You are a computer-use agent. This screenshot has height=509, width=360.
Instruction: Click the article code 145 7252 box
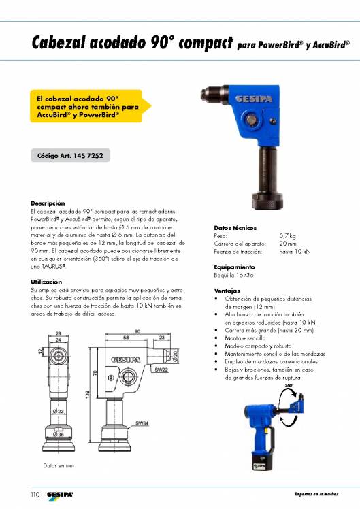coord(71,156)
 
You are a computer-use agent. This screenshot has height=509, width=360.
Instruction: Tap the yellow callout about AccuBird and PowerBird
coord(91,106)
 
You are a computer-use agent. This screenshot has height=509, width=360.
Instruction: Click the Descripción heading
coord(48,203)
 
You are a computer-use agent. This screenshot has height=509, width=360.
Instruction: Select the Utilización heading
coord(46,282)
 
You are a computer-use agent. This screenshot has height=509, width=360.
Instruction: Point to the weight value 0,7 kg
coord(287,236)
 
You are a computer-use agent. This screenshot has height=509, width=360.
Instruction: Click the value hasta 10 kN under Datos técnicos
coord(295,252)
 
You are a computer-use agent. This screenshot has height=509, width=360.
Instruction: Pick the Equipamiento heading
coord(234,267)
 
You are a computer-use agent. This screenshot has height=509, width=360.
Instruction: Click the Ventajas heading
coord(227,291)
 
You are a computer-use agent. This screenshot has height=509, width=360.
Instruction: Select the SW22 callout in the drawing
coord(161,370)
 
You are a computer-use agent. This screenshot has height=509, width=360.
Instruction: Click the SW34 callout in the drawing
coord(142,423)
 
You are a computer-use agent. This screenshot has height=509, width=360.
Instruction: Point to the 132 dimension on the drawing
coord(88,395)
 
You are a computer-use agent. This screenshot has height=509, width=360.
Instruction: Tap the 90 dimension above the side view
coord(137,331)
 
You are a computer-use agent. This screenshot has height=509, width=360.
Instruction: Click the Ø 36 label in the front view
coord(58,434)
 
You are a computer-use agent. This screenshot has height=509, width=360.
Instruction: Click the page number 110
coord(35,495)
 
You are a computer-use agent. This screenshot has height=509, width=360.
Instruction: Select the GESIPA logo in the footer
coord(60,495)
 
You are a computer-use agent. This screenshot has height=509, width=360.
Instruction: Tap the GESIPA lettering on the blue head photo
coord(254,99)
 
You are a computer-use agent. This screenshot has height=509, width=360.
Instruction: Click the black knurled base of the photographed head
coord(267,201)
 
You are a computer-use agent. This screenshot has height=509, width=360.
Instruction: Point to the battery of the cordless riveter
coord(262,460)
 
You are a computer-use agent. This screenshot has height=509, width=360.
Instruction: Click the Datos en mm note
coord(59,465)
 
